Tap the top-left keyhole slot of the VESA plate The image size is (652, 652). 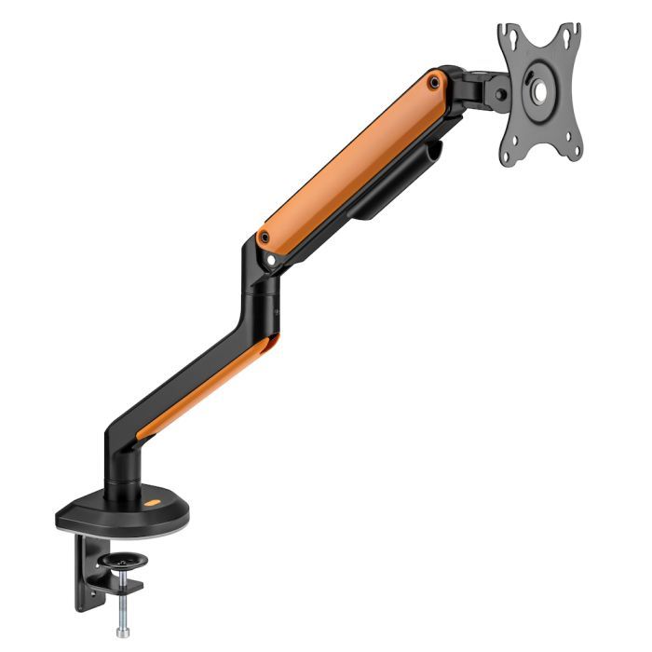(x=509, y=40)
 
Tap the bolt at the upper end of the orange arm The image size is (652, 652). (x=434, y=82)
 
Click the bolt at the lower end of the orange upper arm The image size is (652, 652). (x=265, y=238)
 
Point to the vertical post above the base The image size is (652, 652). (x=122, y=470)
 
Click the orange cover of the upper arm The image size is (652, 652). (x=354, y=158)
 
